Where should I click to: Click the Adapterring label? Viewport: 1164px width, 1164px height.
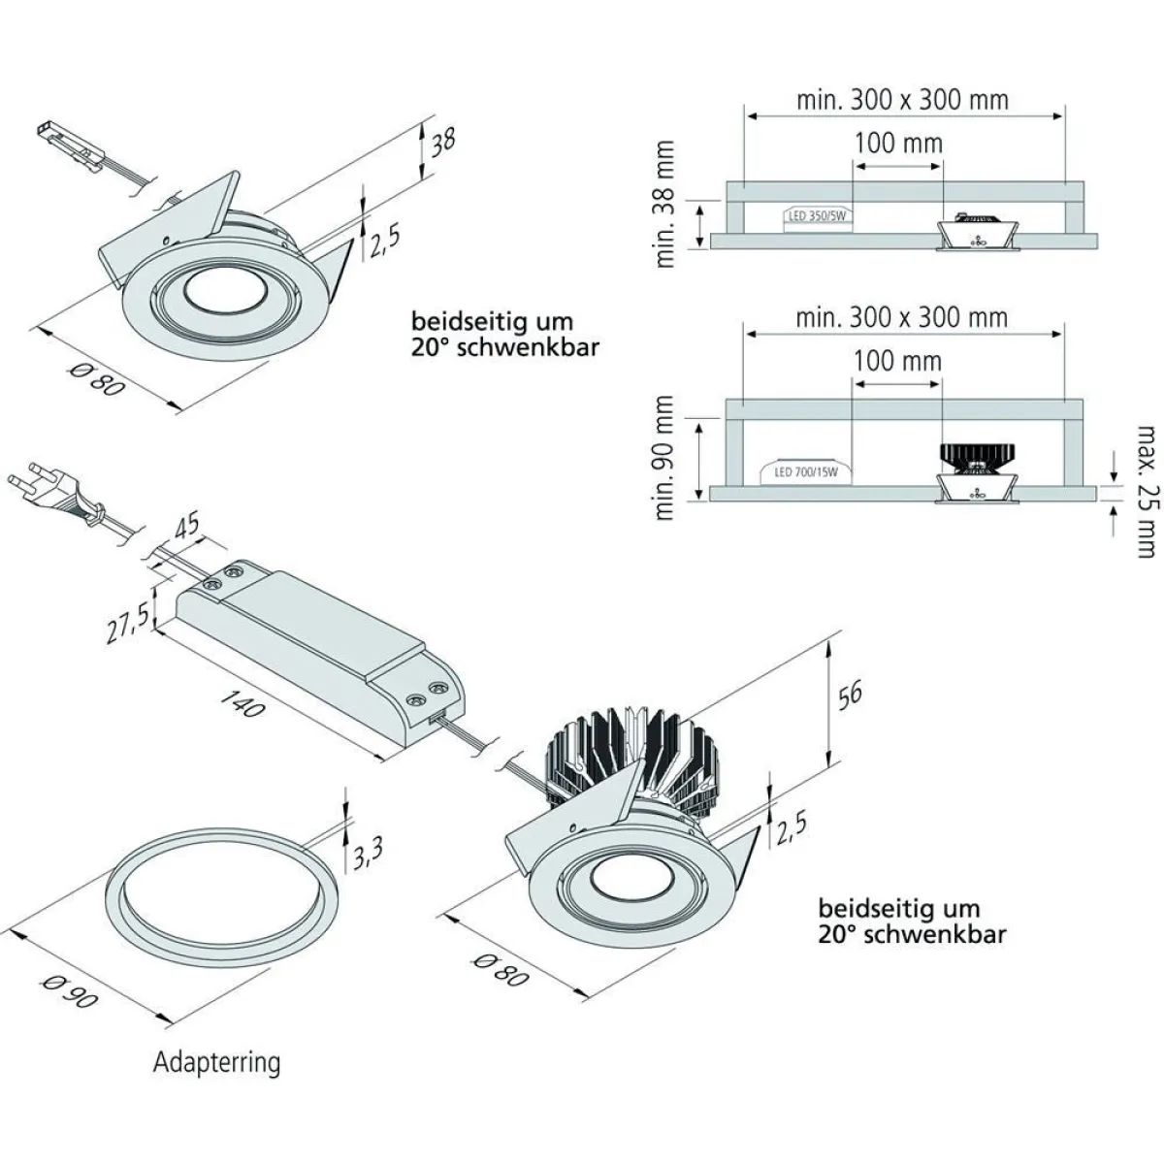click(x=216, y=1062)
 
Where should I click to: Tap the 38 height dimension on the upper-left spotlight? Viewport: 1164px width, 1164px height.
click(x=443, y=142)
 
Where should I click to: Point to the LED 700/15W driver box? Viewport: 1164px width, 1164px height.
click(x=805, y=472)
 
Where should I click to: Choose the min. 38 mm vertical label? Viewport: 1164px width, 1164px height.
click(x=665, y=205)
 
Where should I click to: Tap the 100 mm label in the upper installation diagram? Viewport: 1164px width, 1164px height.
click(x=898, y=144)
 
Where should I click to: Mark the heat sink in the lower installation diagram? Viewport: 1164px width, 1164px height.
click(x=976, y=454)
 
